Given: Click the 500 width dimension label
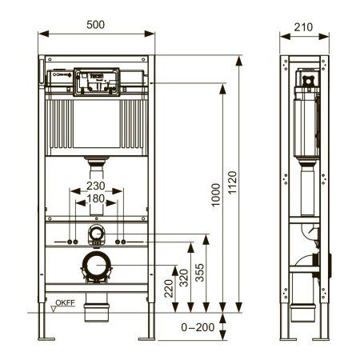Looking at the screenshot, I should (x=96, y=24).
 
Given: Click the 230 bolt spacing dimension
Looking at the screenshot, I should (x=96, y=186).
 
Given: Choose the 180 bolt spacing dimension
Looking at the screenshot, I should (x=96, y=198).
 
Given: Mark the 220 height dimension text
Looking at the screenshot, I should (x=170, y=288).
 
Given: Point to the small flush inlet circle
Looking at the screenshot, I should (x=96, y=234).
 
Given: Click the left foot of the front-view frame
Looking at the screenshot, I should (x=44, y=335).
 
